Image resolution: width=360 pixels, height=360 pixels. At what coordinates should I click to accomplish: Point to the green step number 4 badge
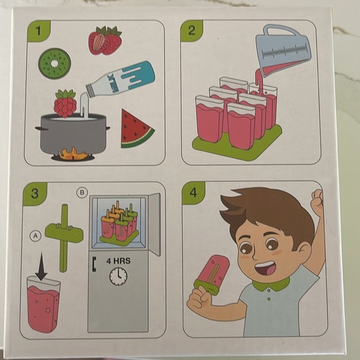193,192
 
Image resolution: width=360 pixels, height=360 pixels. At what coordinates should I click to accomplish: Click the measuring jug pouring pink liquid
283,50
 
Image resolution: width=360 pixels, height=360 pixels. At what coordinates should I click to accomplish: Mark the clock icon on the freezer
118,276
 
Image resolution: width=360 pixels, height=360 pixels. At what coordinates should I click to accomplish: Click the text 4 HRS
117,261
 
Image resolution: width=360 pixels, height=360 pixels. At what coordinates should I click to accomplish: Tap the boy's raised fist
318,203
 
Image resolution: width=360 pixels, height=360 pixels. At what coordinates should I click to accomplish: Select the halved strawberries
105,40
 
